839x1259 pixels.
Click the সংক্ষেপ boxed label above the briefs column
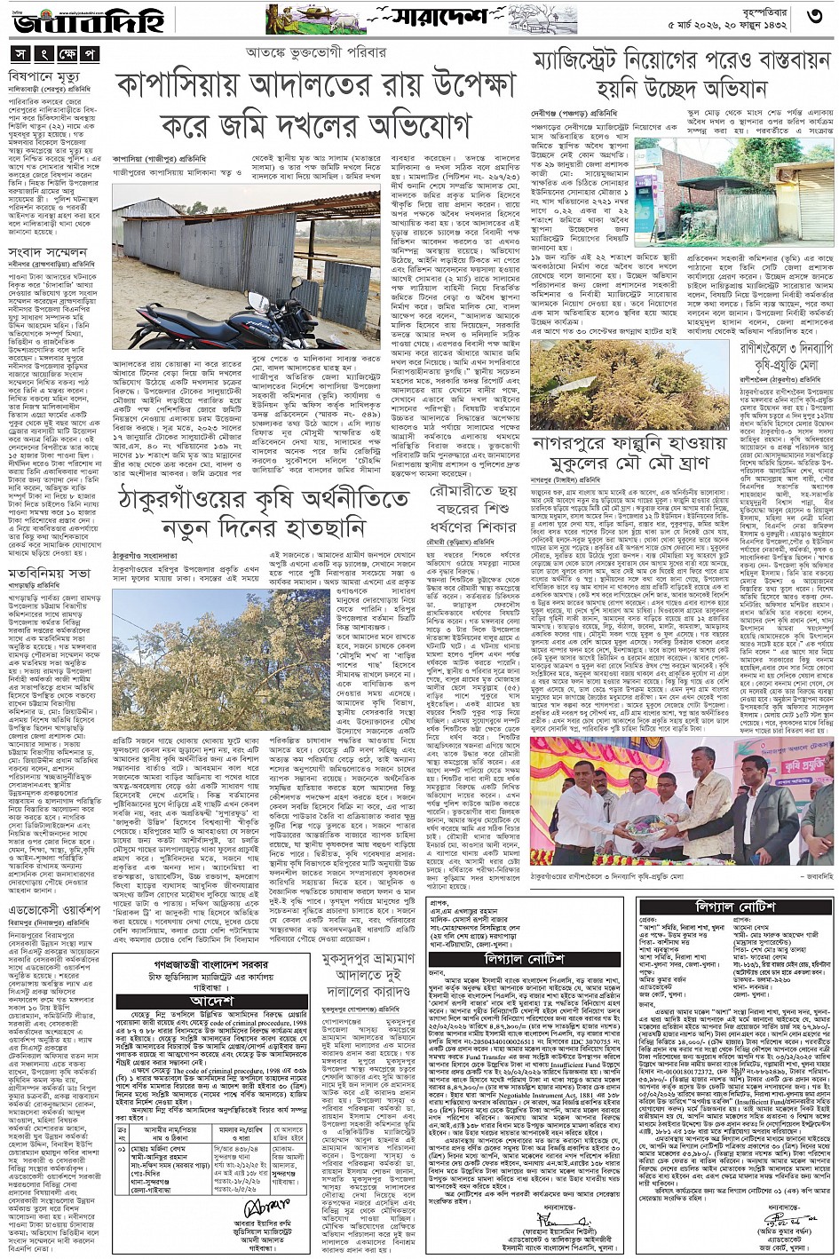[x=54, y=54]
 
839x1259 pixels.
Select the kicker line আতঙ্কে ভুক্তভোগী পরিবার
[x=315, y=52]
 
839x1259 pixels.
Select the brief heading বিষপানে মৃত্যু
[x=44, y=77]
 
